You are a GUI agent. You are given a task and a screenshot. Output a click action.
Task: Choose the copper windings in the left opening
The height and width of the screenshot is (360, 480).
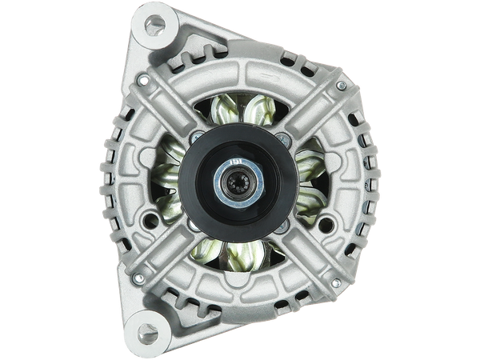(x=168, y=180)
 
